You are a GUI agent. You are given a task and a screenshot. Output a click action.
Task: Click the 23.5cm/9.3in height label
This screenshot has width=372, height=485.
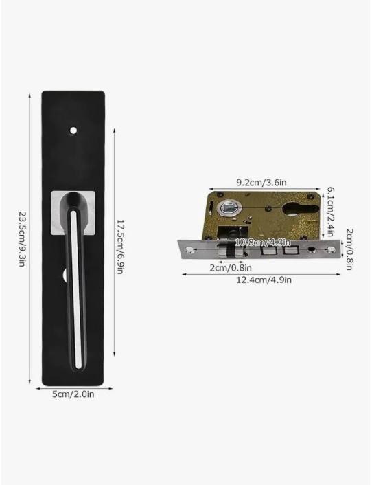pyautogui.click(x=22, y=239)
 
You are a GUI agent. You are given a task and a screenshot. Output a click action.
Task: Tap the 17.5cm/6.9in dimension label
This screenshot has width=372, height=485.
pyautogui.click(x=121, y=247)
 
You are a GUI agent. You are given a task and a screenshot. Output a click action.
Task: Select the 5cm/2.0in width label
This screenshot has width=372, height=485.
pyautogui.click(x=73, y=394)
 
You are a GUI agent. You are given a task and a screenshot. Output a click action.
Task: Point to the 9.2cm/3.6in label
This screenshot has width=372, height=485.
pyautogui.click(x=261, y=183)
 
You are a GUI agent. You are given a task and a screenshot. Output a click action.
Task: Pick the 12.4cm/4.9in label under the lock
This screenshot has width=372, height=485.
pyautogui.click(x=264, y=280)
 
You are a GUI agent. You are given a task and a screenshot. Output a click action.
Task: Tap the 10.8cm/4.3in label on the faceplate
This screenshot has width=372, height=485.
pyautogui.click(x=263, y=242)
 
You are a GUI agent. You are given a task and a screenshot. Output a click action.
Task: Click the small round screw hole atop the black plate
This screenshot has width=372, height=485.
pyautogui.click(x=73, y=131)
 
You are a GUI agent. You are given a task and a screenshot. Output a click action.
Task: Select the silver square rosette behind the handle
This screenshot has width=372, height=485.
pyautogui.click(x=73, y=213)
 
